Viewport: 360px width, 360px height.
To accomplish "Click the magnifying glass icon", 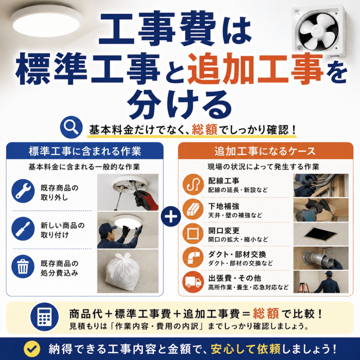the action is [71, 127].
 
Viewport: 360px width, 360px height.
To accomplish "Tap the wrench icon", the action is [23, 191].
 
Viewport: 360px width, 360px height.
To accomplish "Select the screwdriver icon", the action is [23, 229].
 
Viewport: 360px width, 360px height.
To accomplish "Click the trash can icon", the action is [23, 266].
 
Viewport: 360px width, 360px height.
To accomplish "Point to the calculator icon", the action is [44, 317].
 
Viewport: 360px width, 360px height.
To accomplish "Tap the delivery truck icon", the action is [193, 282].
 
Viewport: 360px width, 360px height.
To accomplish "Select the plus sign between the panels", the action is [171, 217].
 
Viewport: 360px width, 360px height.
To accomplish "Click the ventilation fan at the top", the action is [319, 32].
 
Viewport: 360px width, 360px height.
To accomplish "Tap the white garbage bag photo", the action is [128, 271].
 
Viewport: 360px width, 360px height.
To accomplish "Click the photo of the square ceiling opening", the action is [321, 234].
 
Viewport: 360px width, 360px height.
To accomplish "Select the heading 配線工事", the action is [224, 181].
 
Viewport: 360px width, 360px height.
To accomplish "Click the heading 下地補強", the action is [224, 206].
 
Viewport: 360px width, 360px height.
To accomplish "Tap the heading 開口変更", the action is [224, 231].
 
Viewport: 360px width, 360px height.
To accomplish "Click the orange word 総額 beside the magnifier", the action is [205, 129].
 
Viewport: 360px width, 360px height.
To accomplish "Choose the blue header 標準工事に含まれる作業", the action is [85, 151].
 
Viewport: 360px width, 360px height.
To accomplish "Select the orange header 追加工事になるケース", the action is [265, 151].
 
